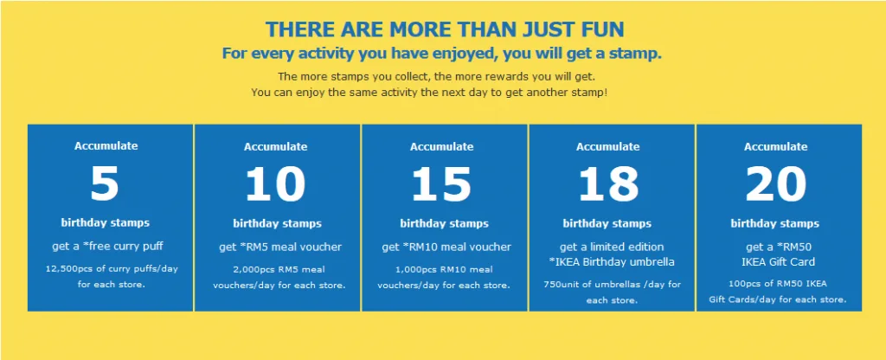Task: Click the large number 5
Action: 105,183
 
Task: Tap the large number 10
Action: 275,184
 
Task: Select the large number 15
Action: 441,184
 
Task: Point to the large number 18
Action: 607,184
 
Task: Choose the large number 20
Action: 775,184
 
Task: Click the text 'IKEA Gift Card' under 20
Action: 778,261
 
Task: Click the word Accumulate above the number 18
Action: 607,147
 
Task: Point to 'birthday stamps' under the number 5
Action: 105,222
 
